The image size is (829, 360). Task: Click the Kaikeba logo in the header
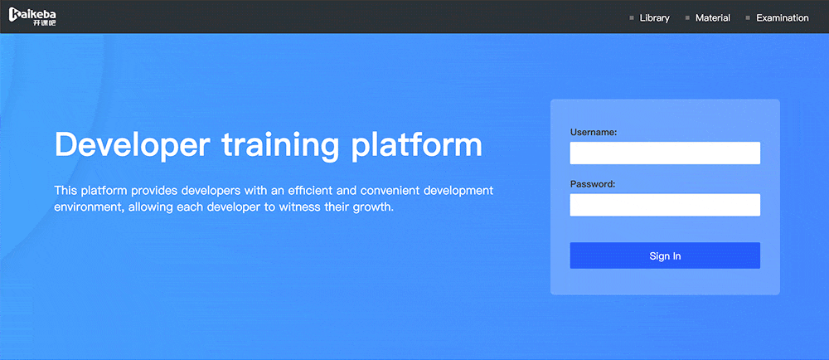[x=32, y=17]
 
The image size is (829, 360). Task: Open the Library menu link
[x=655, y=18]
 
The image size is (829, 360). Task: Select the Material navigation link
[x=713, y=18]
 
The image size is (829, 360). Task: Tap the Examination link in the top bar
[x=783, y=18]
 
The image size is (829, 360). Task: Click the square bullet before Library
[x=631, y=18]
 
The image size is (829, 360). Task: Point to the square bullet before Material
[x=687, y=18]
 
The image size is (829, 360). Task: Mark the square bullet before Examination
[x=748, y=18]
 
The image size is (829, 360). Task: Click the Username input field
[x=665, y=153]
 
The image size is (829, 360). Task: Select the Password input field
[x=665, y=205]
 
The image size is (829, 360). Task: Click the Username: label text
[x=594, y=132]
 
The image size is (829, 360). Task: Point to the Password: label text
[x=593, y=184]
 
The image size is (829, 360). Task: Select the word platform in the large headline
[x=418, y=145]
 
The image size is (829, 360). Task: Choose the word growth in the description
[x=376, y=207]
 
